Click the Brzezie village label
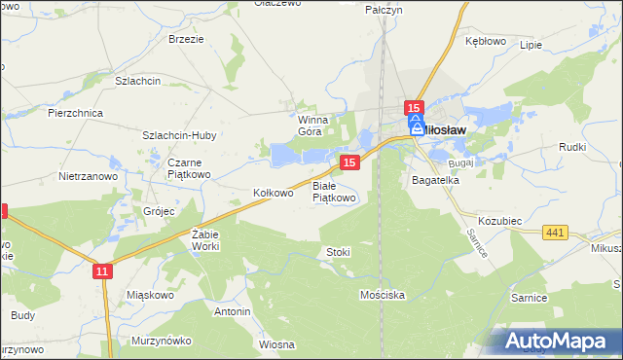pyautogui.click(x=185, y=39)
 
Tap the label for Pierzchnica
pyautogui.click(x=75, y=113)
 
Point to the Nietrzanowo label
pyautogui.click(x=88, y=177)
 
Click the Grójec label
pyautogui.click(x=159, y=210)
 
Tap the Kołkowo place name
pyautogui.click(x=273, y=193)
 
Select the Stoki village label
pyautogui.click(x=338, y=252)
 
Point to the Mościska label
pyautogui.click(x=381, y=293)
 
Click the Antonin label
pyautogui.click(x=233, y=311)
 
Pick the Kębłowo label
pyautogui.click(x=486, y=42)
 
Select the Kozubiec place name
pyautogui.click(x=500, y=222)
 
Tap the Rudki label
pyautogui.click(x=571, y=147)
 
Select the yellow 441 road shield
pyautogui.click(x=556, y=232)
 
